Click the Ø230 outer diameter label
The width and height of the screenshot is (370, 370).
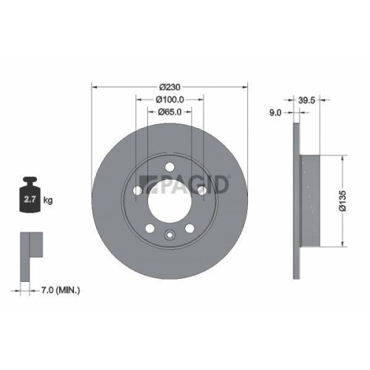169,85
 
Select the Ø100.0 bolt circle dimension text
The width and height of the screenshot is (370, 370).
169,99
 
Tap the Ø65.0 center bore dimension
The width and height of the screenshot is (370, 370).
169,112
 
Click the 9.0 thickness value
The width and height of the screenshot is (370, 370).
275,112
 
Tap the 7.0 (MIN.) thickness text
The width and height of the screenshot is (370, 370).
61,289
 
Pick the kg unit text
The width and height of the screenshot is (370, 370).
47,200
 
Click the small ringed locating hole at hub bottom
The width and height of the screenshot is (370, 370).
169,237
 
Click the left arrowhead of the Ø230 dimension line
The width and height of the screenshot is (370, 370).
94,85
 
